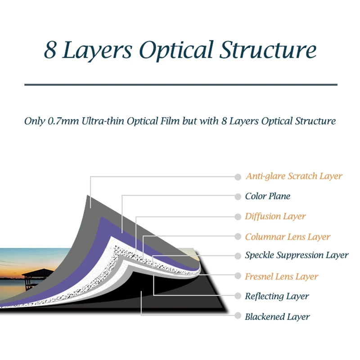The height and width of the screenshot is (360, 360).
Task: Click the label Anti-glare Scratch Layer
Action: tap(294, 176)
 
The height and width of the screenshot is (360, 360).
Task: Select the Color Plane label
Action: tap(268, 196)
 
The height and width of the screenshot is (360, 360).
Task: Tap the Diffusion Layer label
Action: tap(275, 216)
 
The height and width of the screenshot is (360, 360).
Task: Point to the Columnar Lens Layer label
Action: tap(288, 237)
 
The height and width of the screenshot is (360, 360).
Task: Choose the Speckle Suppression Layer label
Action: tap(297, 256)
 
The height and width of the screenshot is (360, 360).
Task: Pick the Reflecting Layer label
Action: tap(277, 296)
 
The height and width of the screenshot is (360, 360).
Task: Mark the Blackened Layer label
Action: tap(277, 317)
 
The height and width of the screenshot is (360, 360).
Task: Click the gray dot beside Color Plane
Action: tap(238, 197)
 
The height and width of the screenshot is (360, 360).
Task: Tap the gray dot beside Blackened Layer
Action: tap(238, 317)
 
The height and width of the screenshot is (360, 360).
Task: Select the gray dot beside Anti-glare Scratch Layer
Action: tap(238, 177)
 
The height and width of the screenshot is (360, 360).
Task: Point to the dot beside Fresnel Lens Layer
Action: tap(238, 276)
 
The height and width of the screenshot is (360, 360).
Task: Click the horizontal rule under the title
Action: tap(180, 85)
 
